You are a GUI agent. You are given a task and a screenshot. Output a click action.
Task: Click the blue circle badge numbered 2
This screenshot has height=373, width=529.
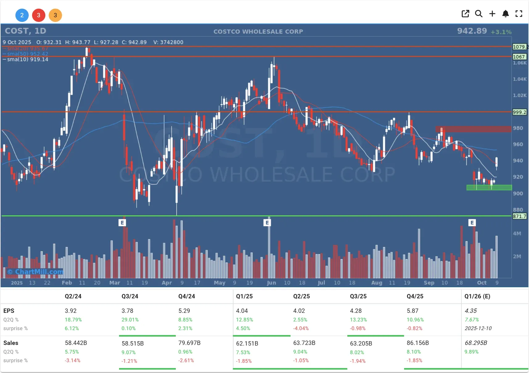(x=22, y=15)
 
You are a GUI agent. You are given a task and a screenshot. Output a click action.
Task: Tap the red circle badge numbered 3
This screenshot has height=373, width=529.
(x=39, y=15)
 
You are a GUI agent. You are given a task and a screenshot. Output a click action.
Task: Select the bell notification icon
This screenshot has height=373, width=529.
(x=505, y=14)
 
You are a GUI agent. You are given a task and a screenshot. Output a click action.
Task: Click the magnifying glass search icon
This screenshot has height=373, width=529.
(x=478, y=14)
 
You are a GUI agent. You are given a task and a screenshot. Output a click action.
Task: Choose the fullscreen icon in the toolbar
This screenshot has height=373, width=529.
(x=519, y=14)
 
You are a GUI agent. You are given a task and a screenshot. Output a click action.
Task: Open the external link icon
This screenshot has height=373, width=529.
(x=465, y=14)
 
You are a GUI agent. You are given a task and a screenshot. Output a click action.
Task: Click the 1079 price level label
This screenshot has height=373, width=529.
(x=519, y=47)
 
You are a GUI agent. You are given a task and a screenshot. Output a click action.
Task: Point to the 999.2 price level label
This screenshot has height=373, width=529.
(x=519, y=112)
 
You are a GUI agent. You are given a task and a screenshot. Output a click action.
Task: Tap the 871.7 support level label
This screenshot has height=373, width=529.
(x=519, y=216)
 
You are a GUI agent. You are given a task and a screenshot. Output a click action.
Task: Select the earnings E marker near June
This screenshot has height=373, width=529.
(x=267, y=222)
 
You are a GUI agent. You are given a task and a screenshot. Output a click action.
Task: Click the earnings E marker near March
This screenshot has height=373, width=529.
(x=122, y=222)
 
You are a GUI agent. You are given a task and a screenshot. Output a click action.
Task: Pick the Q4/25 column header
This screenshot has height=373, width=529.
(x=415, y=296)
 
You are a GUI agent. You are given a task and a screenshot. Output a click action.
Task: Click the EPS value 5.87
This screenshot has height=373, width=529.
(x=412, y=311)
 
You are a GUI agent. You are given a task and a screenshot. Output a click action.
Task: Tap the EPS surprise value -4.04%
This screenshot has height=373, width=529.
(x=301, y=328)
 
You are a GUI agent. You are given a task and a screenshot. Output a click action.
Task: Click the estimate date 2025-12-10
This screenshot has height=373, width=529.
(x=478, y=328)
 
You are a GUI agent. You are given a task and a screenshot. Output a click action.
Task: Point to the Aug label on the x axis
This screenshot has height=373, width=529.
(x=377, y=283)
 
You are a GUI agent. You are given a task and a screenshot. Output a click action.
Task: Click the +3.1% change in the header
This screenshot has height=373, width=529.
(x=501, y=32)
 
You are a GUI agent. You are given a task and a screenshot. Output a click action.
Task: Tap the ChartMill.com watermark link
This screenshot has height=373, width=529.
(x=36, y=272)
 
